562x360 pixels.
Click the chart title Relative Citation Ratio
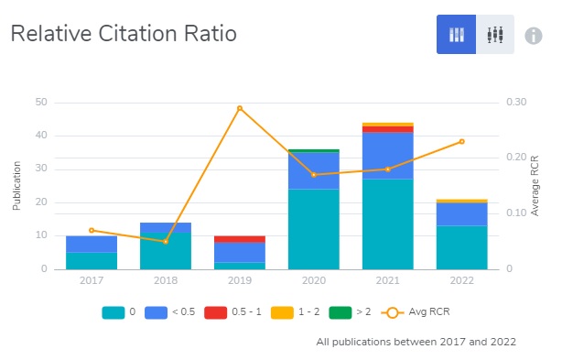124,35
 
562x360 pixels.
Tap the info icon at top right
534,36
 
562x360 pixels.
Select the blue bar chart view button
456,35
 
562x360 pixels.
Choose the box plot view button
495,35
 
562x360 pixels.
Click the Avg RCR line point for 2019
240,108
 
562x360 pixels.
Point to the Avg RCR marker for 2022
461,141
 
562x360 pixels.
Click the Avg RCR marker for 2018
166,242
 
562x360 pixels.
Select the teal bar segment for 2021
387,224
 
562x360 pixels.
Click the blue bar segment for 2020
313,170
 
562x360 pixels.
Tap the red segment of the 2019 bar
240,239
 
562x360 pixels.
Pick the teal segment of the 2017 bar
92,260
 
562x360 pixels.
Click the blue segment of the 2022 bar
461,214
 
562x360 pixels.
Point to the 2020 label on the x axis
313,281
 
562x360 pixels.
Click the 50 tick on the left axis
41,102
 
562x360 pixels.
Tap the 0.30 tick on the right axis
516,102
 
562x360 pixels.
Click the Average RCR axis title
535,186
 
